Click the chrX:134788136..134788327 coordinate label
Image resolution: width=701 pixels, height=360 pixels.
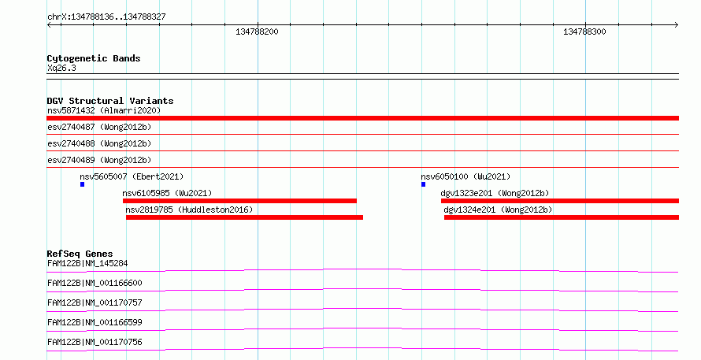tap(106, 17)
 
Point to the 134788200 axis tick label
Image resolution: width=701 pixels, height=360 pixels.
tap(257, 32)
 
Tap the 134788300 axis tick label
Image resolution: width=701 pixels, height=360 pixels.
tap(584, 32)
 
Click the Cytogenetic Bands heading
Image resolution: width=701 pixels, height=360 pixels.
tap(94, 58)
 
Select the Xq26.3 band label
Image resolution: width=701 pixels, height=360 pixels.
tap(61, 68)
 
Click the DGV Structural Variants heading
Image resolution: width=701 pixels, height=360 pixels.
tap(110, 101)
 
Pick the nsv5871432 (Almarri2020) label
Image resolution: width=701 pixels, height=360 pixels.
tap(104, 110)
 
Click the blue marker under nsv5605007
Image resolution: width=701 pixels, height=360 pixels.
tap(82, 184)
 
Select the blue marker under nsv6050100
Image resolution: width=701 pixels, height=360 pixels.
tap(424, 184)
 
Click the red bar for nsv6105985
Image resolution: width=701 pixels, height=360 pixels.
tap(239, 201)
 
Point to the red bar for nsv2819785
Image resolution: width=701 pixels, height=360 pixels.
tap(244, 217)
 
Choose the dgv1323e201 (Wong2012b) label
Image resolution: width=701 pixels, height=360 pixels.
tap(495, 193)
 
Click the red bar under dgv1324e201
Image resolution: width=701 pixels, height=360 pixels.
tap(562, 217)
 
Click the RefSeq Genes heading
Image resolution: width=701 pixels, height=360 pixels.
tap(80, 254)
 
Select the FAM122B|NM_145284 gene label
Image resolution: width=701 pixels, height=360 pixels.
tap(87, 263)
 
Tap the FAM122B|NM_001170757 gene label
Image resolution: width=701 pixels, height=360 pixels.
tap(95, 302)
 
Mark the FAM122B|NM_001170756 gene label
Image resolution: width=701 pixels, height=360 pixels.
tap(95, 342)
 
